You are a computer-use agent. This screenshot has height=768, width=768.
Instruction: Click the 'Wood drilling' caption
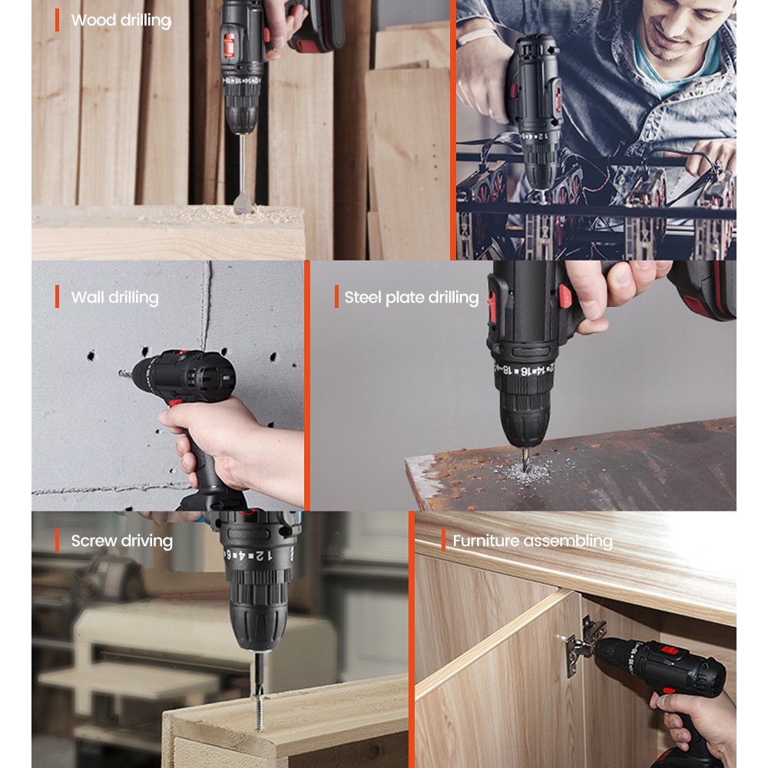tap(121, 20)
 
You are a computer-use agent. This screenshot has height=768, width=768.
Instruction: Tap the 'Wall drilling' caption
tap(114, 297)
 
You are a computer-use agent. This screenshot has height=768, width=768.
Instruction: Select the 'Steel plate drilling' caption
tap(411, 298)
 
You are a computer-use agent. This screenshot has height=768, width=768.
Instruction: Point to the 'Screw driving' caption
tap(121, 541)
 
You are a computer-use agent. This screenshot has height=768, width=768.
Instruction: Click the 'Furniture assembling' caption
tap(532, 541)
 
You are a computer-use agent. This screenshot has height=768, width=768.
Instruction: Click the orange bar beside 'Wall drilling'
tap(57, 296)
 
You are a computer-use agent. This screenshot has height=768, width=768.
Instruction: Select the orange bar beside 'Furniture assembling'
tap(443, 540)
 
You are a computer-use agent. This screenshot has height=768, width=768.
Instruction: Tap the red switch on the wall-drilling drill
tap(175, 401)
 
